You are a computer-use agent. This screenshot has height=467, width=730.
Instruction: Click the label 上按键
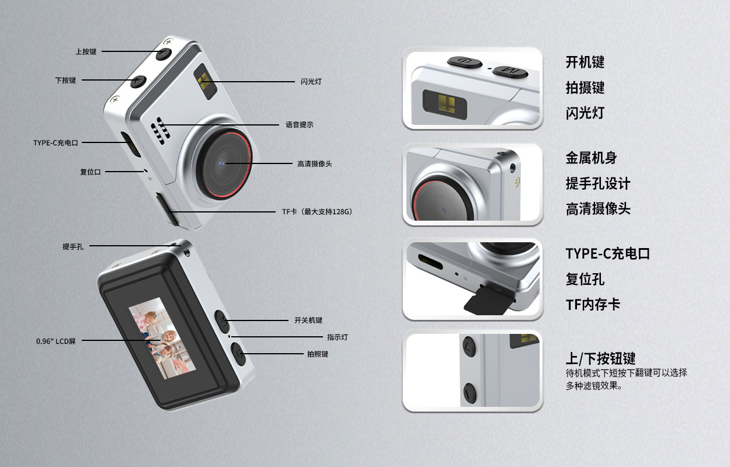pyautogui.click(x=86, y=51)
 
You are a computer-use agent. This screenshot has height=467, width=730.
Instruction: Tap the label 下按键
pyautogui.click(x=65, y=81)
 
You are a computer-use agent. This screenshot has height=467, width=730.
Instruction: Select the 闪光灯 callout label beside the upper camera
pyautogui.click(x=311, y=82)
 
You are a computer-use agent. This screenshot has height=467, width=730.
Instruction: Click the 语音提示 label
pyautogui.click(x=299, y=125)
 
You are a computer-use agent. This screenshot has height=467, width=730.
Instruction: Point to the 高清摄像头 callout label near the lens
pyautogui.click(x=314, y=164)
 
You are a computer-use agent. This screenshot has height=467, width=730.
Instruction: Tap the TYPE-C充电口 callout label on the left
pyautogui.click(x=55, y=142)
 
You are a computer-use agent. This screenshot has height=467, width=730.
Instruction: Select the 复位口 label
pyautogui.click(x=91, y=172)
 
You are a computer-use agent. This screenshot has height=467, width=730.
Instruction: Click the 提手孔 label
pyautogui.click(x=73, y=247)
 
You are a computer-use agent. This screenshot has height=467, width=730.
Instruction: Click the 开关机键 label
pyautogui.click(x=308, y=320)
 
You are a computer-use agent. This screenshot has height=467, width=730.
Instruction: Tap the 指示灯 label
pyautogui.click(x=338, y=337)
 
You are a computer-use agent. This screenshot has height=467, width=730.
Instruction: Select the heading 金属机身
pyautogui.click(x=591, y=158)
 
